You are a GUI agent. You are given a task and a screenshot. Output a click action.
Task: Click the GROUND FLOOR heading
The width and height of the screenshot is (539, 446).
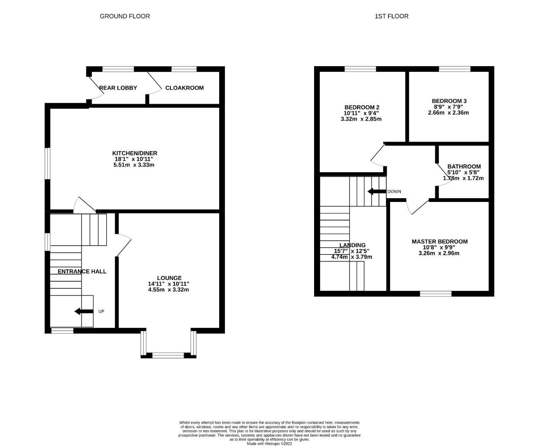pyautogui.click(x=125, y=16)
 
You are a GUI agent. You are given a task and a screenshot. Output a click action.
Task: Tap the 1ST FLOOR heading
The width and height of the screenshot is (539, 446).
pyautogui.click(x=391, y=16)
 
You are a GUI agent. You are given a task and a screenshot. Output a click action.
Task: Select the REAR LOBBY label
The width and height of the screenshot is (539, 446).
pyautogui.click(x=118, y=88)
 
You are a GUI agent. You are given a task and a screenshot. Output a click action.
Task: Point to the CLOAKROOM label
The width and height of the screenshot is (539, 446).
pyautogui.click(x=184, y=88)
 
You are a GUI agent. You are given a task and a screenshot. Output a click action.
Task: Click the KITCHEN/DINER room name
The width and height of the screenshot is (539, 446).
pyautogui.click(x=135, y=153)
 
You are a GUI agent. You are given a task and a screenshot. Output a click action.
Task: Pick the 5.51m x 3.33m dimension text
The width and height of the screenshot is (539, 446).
pyautogui.click(x=134, y=165)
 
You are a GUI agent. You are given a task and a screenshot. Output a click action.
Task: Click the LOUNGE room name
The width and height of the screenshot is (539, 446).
pyautogui.click(x=169, y=278)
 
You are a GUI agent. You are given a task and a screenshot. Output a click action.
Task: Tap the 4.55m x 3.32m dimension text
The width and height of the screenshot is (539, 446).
pyautogui.click(x=168, y=289)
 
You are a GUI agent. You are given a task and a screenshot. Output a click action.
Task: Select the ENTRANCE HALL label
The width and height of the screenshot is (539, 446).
pyautogui.click(x=82, y=271)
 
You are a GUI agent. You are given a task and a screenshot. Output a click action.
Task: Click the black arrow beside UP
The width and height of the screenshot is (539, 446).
pyautogui.click(x=84, y=311)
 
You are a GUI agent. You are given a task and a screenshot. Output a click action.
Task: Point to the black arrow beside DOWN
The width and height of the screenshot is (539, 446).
pyautogui.click(x=377, y=191)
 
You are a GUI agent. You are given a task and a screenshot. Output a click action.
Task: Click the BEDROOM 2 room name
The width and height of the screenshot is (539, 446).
pyautogui.click(x=362, y=107)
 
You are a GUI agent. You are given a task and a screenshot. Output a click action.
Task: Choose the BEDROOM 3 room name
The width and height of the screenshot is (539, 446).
pyautogui.click(x=449, y=101)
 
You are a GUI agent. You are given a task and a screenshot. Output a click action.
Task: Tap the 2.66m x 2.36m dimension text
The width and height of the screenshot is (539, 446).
pyautogui.click(x=448, y=113)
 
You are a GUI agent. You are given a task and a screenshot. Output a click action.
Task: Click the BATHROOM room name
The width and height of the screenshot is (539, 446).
pyautogui.click(x=464, y=166)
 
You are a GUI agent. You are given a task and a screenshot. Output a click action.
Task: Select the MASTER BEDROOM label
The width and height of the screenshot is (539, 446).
pyautogui.click(x=440, y=242)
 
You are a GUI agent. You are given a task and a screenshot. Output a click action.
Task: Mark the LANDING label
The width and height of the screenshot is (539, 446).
pyautogui.click(x=352, y=245)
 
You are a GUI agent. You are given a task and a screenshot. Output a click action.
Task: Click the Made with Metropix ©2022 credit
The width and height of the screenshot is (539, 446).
pyautogui.click(x=269, y=444)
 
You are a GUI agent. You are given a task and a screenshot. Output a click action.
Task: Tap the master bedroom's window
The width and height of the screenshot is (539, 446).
pyautogui.click(x=436, y=294)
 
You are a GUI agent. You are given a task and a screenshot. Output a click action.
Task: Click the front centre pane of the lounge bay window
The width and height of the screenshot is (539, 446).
pyautogui.click(x=168, y=355)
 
